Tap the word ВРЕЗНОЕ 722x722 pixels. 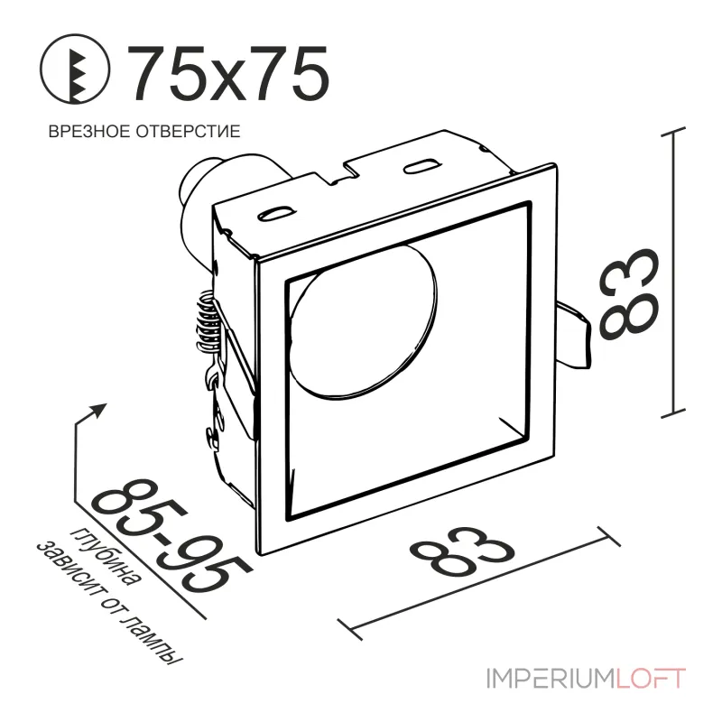tap(86, 132)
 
